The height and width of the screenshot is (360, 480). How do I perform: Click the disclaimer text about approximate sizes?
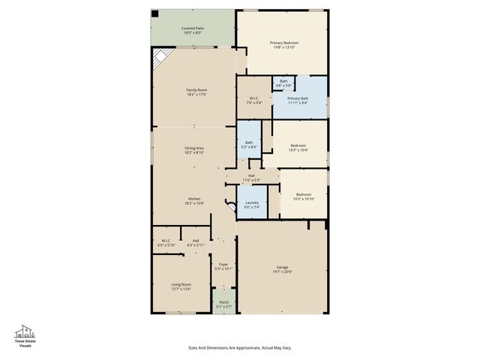(x=239, y=348)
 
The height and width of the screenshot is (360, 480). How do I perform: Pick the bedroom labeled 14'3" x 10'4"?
(x=298, y=147)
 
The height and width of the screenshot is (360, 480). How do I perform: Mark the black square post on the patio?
(x=154, y=14)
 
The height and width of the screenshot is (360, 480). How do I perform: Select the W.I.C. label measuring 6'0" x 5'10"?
(x=165, y=243)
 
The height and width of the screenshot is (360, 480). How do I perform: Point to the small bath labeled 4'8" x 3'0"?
(x=283, y=83)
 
